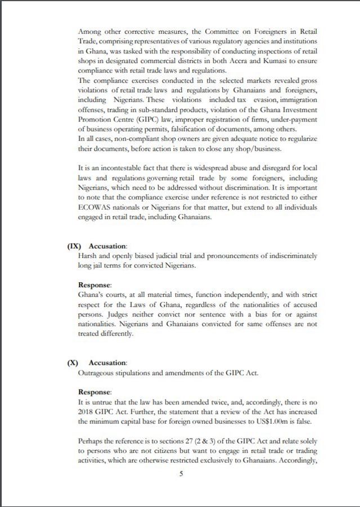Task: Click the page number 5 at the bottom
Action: tap(181, 474)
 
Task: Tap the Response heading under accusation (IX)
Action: tap(94, 285)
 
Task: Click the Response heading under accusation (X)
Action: tap(94, 392)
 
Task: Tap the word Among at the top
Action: tap(90, 32)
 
